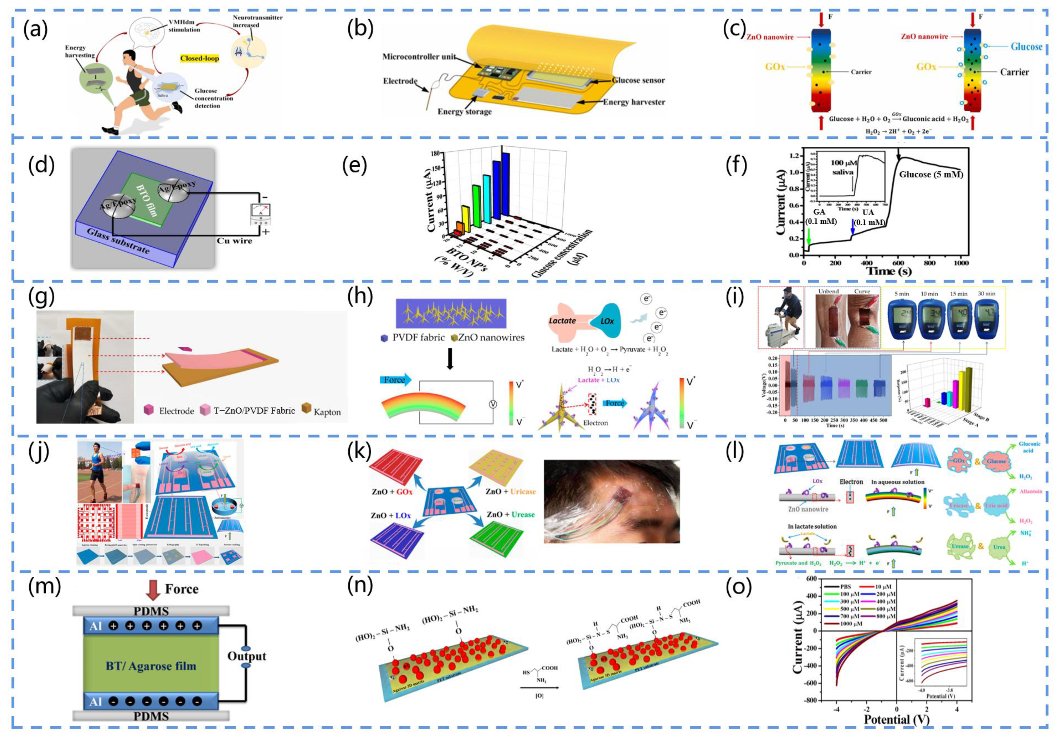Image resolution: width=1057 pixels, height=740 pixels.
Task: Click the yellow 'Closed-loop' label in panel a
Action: coord(199,59)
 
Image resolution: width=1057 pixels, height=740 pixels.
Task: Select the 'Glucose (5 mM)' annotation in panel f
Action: coord(931,175)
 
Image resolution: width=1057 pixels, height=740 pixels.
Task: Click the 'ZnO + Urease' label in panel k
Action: coord(510,514)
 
